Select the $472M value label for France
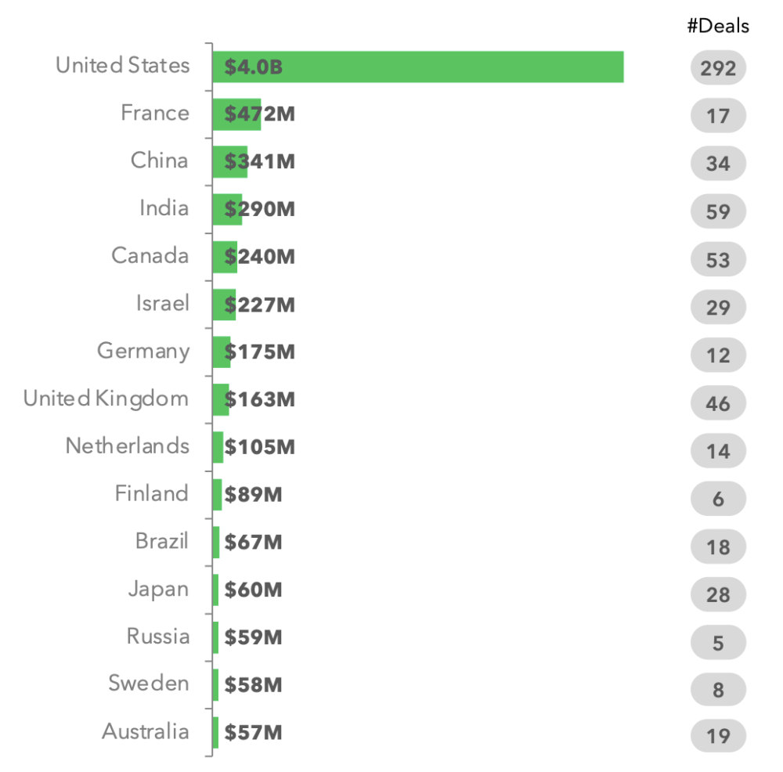(x=259, y=114)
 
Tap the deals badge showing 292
(x=718, y=68)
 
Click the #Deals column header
(x=718, y=26)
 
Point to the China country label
(x=160, y=161)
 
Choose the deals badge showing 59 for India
(x=718, y=212)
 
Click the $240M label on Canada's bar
(x=259, y=257)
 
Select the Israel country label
(x=163, y=303)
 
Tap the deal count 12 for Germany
(x=718, y=355)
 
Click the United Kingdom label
(x=106, y=399)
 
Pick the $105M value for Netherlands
(x=259, y=447)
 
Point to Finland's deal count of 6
(x=718, y=499)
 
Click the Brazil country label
(x=162, y=541)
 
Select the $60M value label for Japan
(x=253, y=590)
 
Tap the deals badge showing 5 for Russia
(x=718, y=643)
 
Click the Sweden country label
(x=149, y=684)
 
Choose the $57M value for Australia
(x=253, y=733)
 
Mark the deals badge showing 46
(x=718, y=404)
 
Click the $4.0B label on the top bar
(x=253, y=67)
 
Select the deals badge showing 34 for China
(x=718, y=164)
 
